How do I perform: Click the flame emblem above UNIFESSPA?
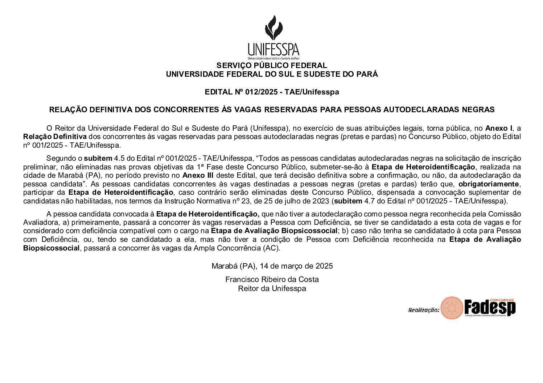(273, 28)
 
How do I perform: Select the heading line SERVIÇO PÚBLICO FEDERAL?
(272, 66)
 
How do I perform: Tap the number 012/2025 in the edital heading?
(261, 92)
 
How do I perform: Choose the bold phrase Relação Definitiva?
(55, 137)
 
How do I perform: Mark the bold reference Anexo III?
(198, 176)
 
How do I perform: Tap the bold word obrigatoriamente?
(488, 184)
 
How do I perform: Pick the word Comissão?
(505, 214)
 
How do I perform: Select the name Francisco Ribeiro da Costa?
(272, 279)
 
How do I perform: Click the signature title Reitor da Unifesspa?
(272, 289)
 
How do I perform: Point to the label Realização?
(423, 310)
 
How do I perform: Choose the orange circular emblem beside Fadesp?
(452, 308)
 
